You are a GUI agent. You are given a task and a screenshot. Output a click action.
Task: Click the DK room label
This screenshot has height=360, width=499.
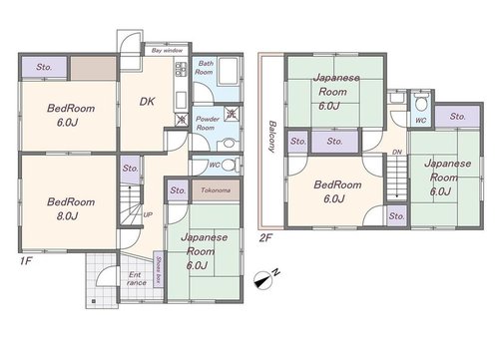[x=147, y=102]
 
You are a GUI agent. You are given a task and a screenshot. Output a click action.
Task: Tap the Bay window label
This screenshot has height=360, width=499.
[x=167, y=51]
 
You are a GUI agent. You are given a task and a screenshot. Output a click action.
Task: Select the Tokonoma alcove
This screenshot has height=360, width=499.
[x=216, y=190]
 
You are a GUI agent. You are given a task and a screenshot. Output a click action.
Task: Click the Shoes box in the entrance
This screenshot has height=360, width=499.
[x=159, y=268]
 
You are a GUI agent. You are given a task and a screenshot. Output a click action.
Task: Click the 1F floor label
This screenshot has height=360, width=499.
[x=26, y=261]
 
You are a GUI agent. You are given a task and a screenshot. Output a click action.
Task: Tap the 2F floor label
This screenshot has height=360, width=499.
[x=265, y=238]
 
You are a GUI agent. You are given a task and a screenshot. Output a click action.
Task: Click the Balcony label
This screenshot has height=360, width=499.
[x=272, y=137]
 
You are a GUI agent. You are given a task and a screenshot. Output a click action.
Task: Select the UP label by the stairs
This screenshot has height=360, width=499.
[x=148, y=214]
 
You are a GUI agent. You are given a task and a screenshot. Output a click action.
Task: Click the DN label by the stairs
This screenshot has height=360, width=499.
[x=397, y=152]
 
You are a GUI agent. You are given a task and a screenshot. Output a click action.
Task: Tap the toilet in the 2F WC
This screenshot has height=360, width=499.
[x=421, y=103]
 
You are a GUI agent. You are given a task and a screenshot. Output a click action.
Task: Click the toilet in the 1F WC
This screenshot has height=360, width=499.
[x=230, y=165]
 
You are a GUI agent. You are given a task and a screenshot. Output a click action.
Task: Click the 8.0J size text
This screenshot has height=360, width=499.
[x=67, y=216]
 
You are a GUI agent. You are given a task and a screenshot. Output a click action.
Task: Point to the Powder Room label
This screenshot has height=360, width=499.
[x=207, y=123]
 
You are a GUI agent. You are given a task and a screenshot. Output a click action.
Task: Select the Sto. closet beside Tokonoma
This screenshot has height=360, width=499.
[x=178, y=190]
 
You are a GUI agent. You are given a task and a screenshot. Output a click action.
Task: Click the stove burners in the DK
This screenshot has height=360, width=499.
[x=181, y=69]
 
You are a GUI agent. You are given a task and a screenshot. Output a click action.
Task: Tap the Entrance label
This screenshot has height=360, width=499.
[x=136, y=279]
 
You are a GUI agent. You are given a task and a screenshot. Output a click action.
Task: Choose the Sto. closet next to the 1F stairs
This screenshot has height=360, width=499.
[x=130, y=170]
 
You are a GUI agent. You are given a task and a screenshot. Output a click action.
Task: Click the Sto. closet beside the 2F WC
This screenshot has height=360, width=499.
[x=458, y=117]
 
